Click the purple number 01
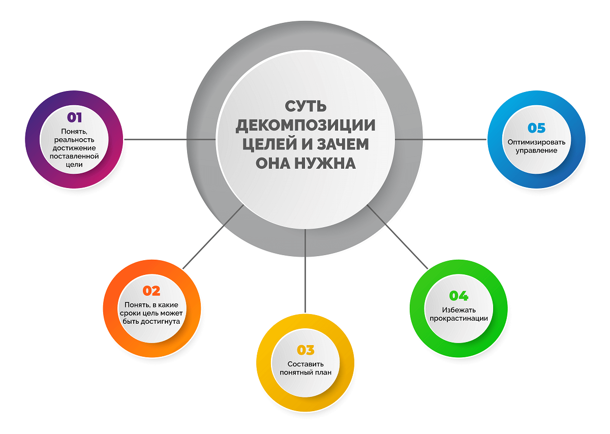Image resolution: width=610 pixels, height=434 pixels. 74,117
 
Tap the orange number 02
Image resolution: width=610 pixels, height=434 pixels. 151,291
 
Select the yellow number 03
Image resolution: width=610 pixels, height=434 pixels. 306,350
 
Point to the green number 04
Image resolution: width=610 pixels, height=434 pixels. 459,296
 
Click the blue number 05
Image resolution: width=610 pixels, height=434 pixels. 536,128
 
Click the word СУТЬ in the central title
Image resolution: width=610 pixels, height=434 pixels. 306,106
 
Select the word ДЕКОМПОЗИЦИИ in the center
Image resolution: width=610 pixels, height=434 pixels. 306,126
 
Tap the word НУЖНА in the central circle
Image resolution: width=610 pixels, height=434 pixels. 325,163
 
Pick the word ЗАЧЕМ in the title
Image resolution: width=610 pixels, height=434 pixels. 343,144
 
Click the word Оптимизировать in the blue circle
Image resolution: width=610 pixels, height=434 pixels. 536,142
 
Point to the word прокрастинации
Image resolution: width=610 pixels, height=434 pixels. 459,318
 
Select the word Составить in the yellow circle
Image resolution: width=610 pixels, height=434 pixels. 306,364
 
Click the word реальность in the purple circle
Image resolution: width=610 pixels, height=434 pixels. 74,140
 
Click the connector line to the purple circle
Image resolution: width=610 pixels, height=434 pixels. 170,139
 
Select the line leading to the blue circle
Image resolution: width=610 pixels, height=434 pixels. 441,139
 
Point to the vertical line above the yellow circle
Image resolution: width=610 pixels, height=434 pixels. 306,271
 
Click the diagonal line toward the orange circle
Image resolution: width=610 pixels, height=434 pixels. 213,237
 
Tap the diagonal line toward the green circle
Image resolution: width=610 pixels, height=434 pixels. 398,237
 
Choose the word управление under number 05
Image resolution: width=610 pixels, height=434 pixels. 536,150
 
